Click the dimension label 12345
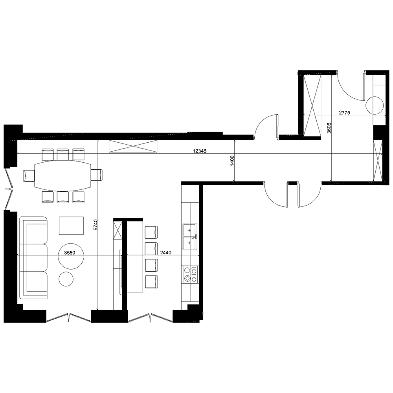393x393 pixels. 200,151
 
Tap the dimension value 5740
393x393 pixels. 95,224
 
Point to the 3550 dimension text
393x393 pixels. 70,253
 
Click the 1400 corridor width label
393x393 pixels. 232,161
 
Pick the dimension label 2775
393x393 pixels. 344,112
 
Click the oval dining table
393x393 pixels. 63,175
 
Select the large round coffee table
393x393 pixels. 71,256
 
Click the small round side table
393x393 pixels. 66,279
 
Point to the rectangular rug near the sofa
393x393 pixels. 71,226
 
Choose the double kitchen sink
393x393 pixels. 190,237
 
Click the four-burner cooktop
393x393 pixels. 190,274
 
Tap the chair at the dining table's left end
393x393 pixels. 29,175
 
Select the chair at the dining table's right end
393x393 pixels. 96,174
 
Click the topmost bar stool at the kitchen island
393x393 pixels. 151,232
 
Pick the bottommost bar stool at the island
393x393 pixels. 151,282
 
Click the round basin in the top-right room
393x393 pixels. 375,105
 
